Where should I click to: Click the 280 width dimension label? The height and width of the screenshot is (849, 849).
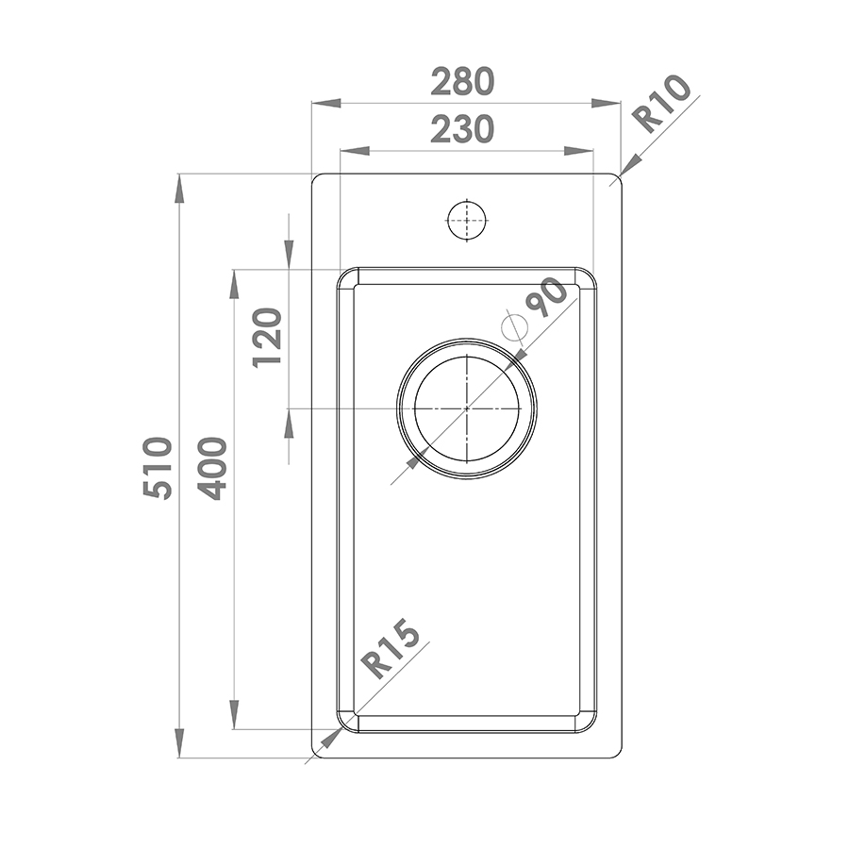point(462,81)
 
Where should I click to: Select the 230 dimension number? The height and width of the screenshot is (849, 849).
point(462,129)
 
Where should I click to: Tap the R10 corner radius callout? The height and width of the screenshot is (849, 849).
point(664,104)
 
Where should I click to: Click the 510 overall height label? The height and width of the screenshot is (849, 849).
point(158,467)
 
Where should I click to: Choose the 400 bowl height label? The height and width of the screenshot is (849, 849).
point(211,467)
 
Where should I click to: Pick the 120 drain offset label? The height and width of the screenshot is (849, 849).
point(268,338)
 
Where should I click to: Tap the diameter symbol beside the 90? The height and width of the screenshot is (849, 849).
point(514,326)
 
